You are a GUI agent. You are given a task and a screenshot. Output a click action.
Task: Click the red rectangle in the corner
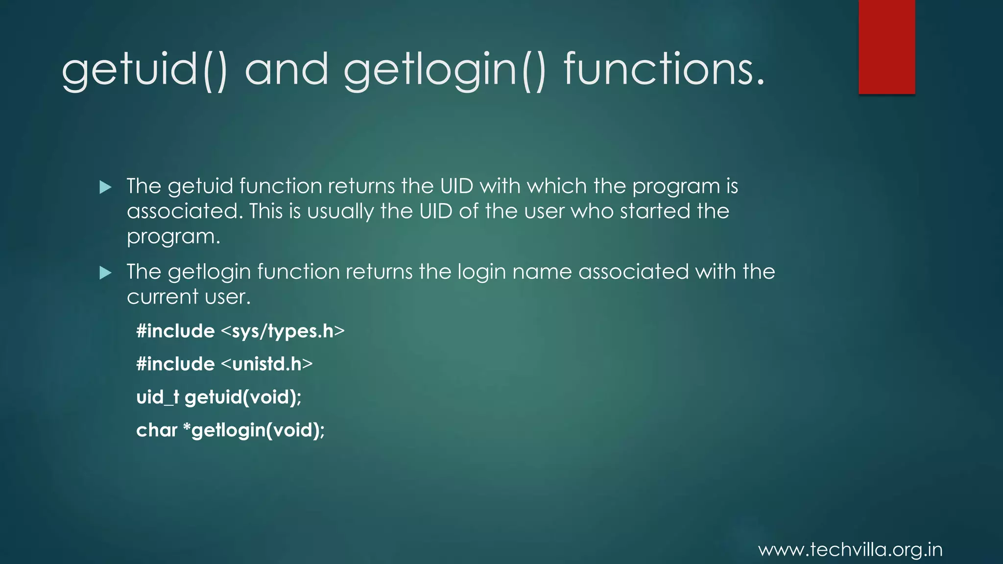pos(886,47)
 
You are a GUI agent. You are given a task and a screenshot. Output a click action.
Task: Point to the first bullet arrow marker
pos(105,187)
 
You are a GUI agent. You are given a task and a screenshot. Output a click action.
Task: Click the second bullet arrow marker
pos(105,273)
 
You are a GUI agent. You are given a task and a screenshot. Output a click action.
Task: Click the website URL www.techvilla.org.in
pos(850,549)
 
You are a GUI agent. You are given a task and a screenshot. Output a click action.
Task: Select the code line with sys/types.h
pos(240,331)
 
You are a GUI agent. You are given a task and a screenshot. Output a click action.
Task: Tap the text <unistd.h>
pos(267,364)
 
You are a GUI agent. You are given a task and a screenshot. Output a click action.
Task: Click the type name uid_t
pos(157,397)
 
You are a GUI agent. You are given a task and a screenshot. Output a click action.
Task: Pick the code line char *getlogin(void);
pos(230,430)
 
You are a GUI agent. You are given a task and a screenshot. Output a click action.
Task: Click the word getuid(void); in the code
pos(243,397)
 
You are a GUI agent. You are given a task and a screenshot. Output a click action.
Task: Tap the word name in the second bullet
pos(542,272)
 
